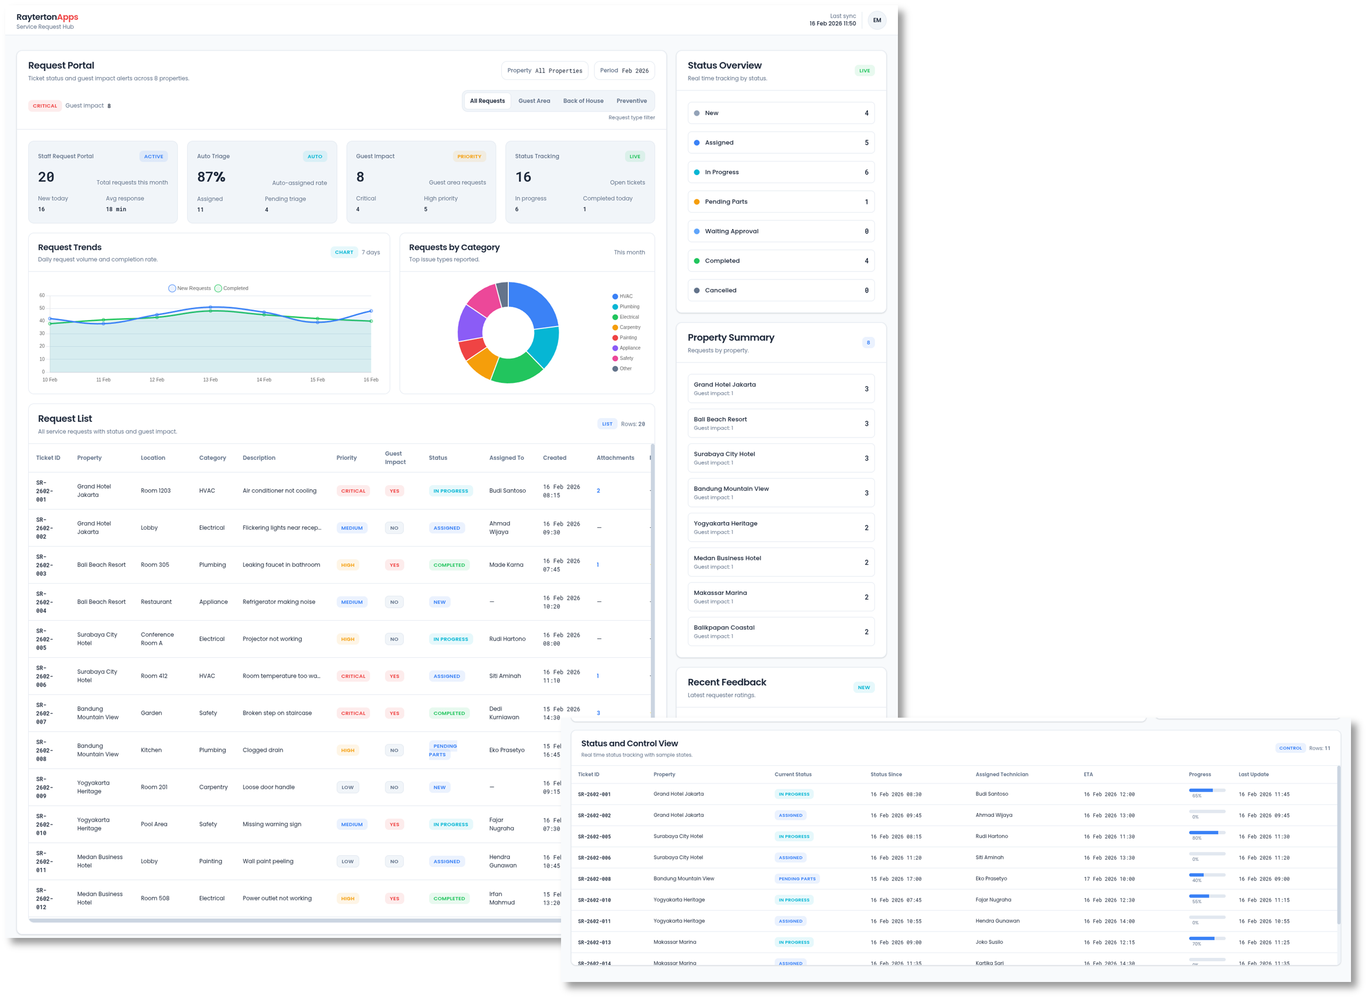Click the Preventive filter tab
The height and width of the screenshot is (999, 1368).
coord(631,101)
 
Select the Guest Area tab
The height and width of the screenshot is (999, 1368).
coord(534,101)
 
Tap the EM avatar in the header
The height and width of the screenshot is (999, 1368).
coord(877,20)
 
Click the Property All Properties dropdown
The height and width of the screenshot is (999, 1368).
coord(545,70)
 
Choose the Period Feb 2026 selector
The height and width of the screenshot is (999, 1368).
coord(624,70)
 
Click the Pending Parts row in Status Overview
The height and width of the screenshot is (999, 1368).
coord(781,202)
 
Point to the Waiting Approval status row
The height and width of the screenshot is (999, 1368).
coord(781,231)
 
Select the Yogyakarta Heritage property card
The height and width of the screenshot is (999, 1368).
coord(781,527)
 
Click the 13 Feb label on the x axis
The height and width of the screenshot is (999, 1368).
coord(210,380)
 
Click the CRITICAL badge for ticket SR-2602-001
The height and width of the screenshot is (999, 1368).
coord(353,491)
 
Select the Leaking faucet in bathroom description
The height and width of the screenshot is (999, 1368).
coord(281,565)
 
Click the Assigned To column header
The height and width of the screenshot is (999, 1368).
coord(506,458)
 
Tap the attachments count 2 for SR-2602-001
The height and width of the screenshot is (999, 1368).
coord(598,490)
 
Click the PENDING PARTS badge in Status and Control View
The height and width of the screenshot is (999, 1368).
coord(797,879)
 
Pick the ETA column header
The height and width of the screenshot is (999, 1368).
coord(1088,774)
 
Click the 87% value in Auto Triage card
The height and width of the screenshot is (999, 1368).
coord(211,177)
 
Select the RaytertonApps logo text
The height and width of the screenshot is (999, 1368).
coord(47,17)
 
